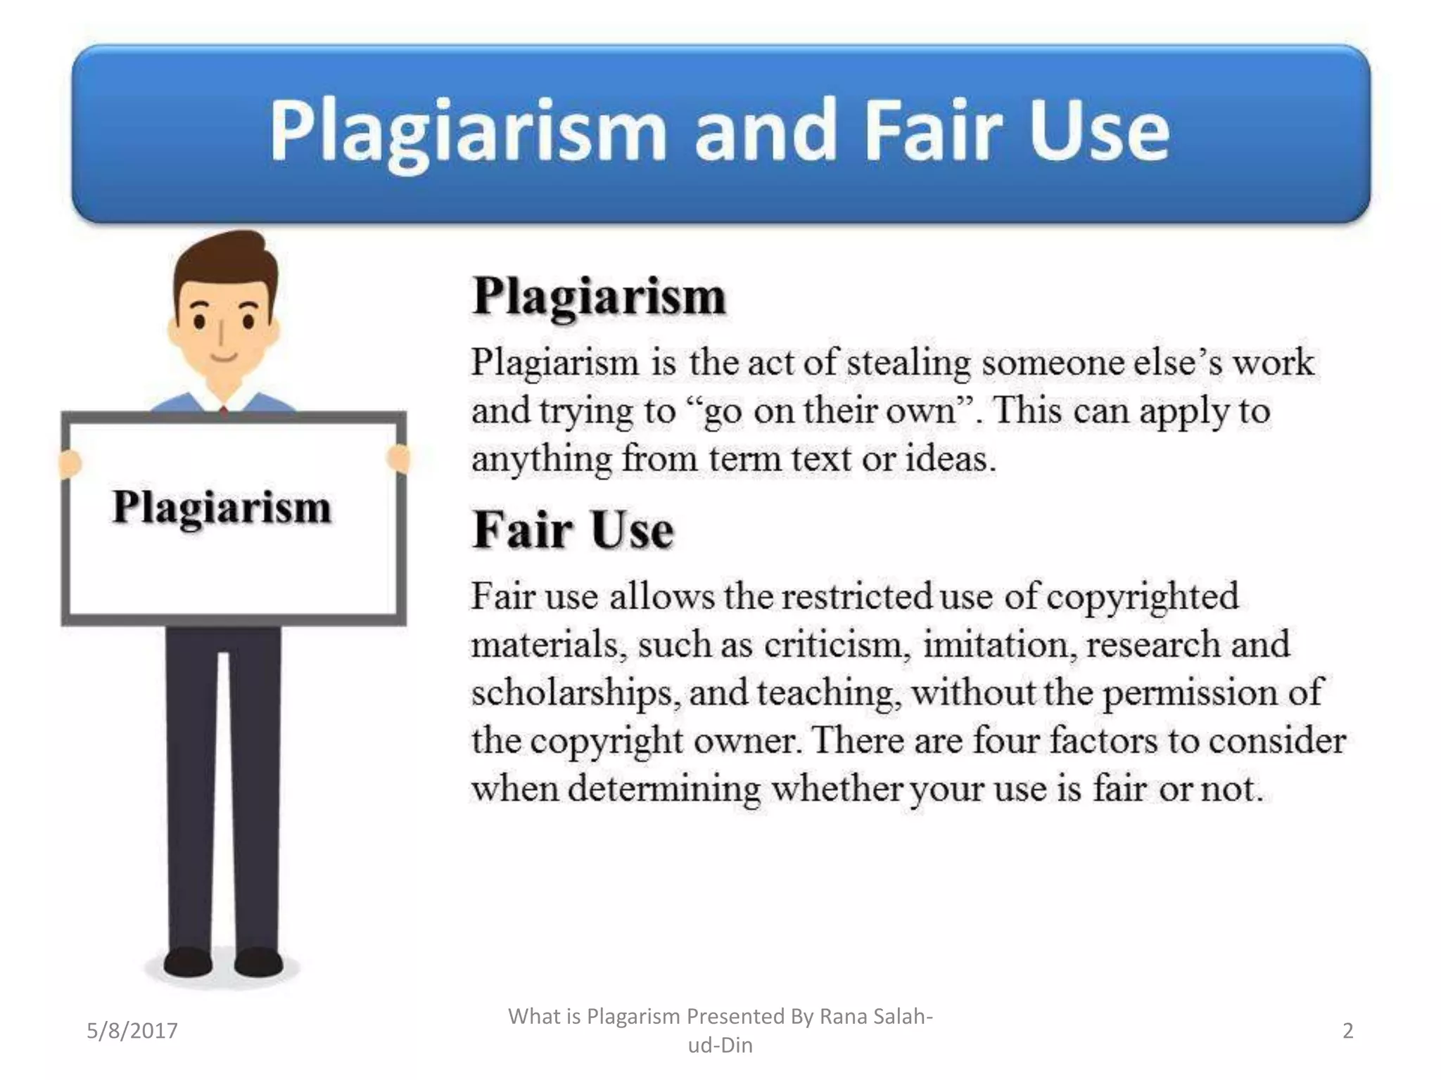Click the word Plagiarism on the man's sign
tap(222, 508)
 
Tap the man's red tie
tap(224, 411)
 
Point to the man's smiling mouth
tap(224, 356)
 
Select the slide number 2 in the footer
tap(1347, 1031)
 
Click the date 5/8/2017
tap(132, 1031)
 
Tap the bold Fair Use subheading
tap(573, 530)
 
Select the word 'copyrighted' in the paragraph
tap(1142, 598)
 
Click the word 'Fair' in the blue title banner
tap(932, 131)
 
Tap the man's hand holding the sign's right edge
tap(398, 458)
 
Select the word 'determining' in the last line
tap(664, 789)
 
